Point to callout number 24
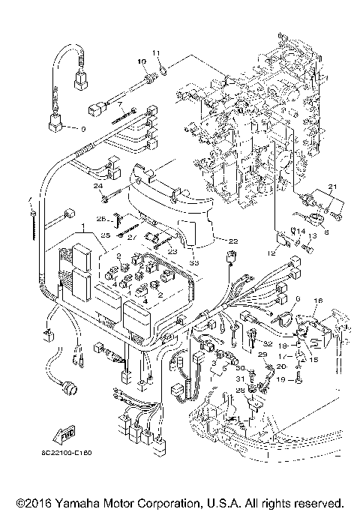pyautogui.click(x=97, y=186)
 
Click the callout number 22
pyautogui.click(x=232, y=241)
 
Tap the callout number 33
pyautogui.click(x=193, y=262)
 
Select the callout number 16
pyautogui.click(x=316, y=300)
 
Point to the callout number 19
pyautogui.click(x=281, y=379)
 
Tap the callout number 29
pyautogui.click(x=262, y=353)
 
